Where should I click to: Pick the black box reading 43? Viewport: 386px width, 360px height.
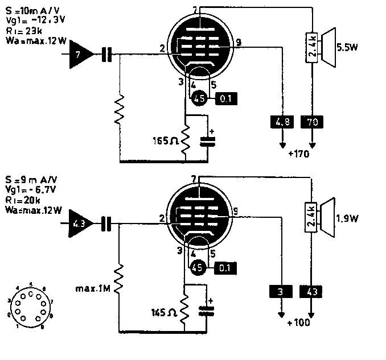311,292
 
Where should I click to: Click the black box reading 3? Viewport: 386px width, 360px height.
280,292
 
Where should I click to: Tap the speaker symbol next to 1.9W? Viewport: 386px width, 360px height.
327,218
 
